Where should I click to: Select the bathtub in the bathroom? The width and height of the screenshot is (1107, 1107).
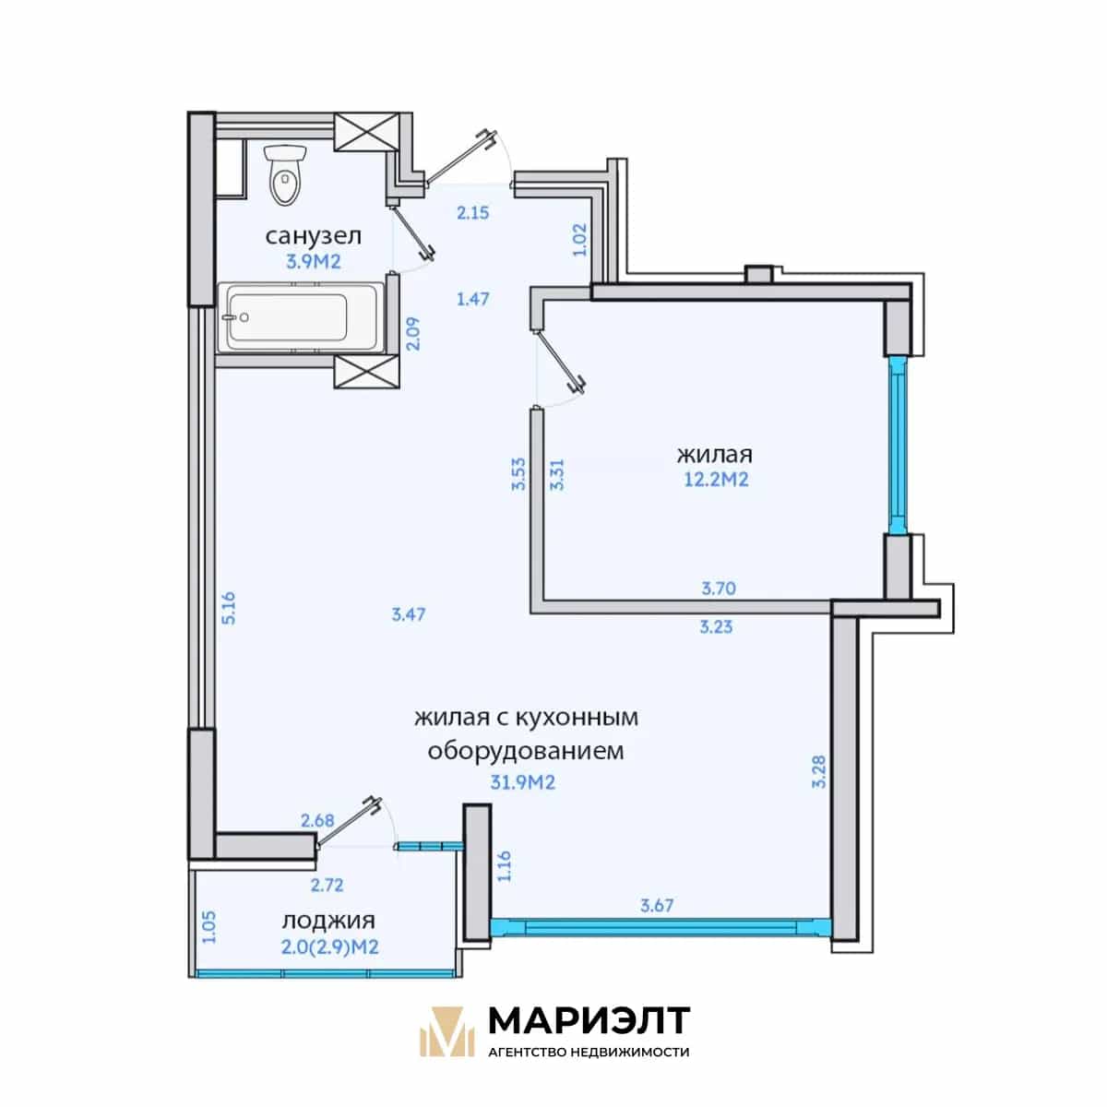tap(304, 317)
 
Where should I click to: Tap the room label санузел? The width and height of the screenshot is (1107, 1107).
tap(313, 236)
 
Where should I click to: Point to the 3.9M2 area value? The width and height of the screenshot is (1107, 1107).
tap(314, 262)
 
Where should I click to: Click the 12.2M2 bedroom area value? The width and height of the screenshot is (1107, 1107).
tap(716, 480)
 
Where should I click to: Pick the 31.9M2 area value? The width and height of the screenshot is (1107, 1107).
tap(523, 782)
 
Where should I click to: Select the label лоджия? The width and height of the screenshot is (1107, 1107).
tap(328, 921)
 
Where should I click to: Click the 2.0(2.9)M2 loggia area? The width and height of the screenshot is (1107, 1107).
tap(329, 946)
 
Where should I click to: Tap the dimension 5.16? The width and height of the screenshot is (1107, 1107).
tap(229, 608)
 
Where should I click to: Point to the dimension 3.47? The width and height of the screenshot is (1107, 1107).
tap(409, 614)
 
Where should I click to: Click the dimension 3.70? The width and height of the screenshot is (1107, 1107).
tap(719, 589)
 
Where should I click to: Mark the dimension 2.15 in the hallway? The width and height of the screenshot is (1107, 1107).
tap(473, 213)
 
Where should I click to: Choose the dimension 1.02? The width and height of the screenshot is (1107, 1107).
tap(581, 240)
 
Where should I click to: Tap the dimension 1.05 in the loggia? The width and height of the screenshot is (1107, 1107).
tap(209, 927)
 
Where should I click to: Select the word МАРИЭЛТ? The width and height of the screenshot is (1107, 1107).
tap(589, 1020)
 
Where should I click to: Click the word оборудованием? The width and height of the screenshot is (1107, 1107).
tap(526, 752)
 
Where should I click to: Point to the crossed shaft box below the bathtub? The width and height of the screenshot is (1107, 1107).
tap(366, 372)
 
